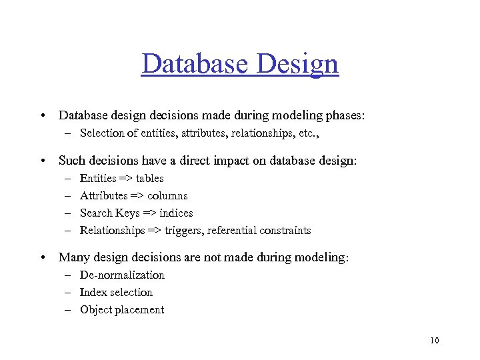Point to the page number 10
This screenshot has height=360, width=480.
pos(435,341)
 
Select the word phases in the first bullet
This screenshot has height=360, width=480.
pos(344,115)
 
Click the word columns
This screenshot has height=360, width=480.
pos(167,195)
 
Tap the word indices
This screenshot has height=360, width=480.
pos(176,213)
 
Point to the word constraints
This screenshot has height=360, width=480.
pos(286,230)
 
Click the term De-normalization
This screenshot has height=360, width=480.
pos(122,275)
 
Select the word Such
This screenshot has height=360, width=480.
pos(72,161)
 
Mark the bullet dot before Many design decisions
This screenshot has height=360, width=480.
pos(42,257)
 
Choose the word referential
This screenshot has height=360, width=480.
pos(241,230)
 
